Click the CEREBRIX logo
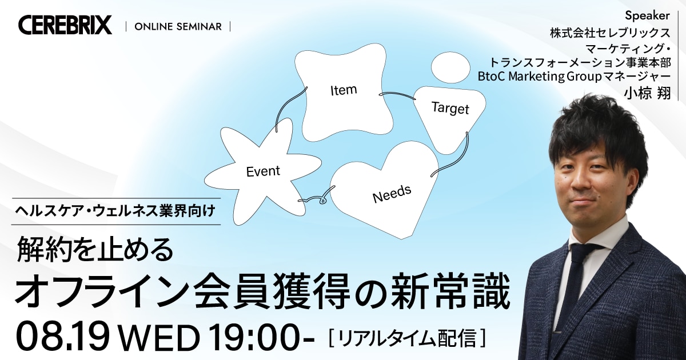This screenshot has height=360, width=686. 65,25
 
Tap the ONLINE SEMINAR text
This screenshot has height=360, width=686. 178,27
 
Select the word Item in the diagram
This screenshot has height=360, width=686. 344,90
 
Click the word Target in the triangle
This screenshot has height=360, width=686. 450,108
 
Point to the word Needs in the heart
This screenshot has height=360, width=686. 392,194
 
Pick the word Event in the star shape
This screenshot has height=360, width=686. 263,171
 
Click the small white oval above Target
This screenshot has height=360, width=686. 450,68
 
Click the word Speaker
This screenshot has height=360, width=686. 647,15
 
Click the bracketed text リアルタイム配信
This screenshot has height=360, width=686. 407,338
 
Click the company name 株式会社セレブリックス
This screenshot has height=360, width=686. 610,33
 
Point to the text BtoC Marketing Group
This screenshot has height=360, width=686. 539,77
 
